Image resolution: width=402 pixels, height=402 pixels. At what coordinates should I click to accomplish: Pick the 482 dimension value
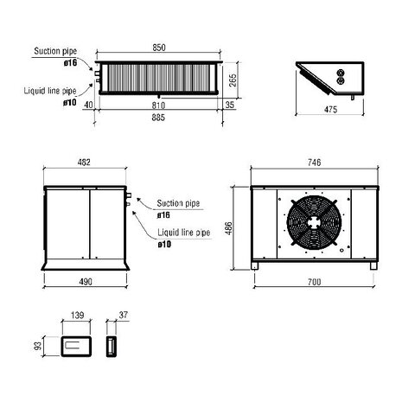[84, 163]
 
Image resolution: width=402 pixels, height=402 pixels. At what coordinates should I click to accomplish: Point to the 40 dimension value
[89, 104]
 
